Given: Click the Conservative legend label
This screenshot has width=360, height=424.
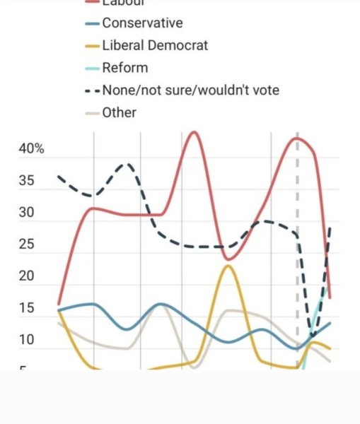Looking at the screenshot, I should click(142, 23).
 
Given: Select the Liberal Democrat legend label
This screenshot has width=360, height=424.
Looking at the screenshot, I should click(155, 45).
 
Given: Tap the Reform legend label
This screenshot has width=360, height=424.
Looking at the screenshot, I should click(125, 68).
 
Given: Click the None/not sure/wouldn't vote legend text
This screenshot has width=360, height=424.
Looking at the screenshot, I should click(190, 90).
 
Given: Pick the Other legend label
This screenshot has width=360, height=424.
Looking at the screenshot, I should click(119, 112).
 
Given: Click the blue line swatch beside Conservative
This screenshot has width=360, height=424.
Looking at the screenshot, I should click(93, 23).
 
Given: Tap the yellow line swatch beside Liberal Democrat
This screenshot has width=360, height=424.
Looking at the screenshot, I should click(93, 46).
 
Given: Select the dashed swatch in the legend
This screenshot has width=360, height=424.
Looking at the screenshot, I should click(93, 90).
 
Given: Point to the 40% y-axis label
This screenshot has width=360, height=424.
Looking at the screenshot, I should click(31, 149).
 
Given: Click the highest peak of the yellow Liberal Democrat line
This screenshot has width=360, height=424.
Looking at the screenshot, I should click(227, 266).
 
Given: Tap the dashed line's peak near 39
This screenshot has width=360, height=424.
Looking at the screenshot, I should click(127, 164).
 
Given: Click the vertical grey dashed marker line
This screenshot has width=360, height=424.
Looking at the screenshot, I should click(297, 212).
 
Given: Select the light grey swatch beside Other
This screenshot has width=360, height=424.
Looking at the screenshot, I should click(93, 113).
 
